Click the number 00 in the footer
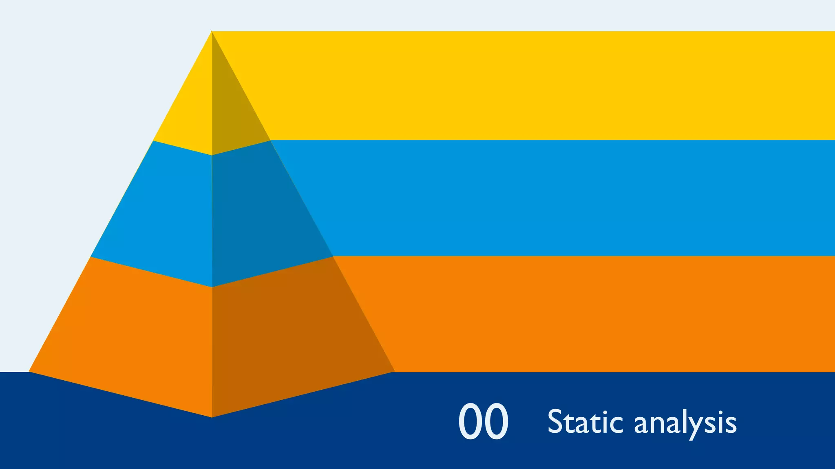pyautogui.click(x=483, y=421)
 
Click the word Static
pyautogui.click(x=585, y=422)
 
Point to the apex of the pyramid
pyautogui.click(x=212, y=31)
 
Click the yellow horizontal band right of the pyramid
pyautogui.click(x=530, y=85)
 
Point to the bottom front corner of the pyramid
pyautogui.click(x=212, y=417)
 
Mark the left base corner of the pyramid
pyautogui.click(x=29, y=371)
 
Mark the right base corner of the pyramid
pyautogui.click(x=394, y=371)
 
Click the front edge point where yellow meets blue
pyautogui.click(x=212, y=155)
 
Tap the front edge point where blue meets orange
pyautogui.click(x=212, y=287)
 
